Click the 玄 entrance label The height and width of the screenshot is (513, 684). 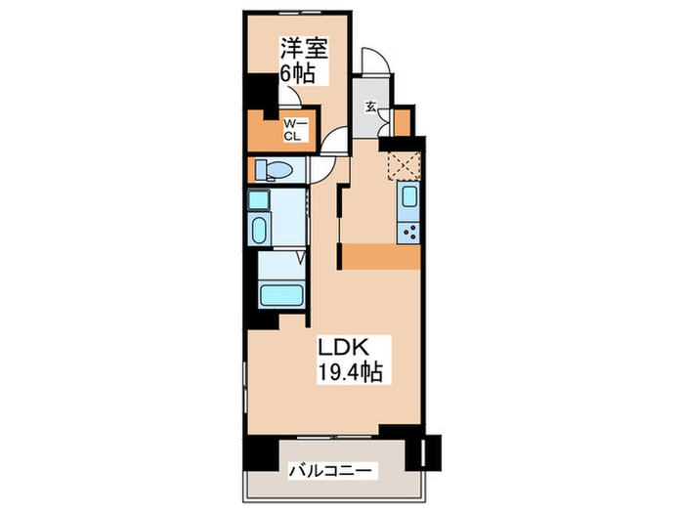(372, 107)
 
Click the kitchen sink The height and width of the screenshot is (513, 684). (409, 202)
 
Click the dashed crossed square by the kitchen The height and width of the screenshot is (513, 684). (404, 166)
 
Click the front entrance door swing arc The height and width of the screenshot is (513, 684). (376, 63)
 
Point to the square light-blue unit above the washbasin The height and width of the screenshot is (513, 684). (257, 201)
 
